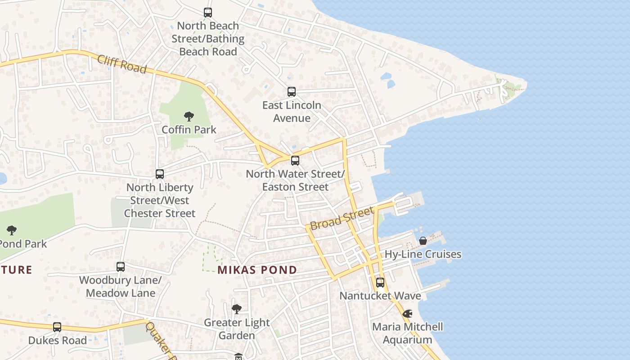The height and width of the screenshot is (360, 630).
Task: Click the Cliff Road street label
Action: tap(121, 64)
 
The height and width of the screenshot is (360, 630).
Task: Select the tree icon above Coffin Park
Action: tap(189, 117)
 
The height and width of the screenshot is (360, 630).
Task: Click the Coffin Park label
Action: tap(189, 130)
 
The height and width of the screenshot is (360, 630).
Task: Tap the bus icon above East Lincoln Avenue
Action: tap(292, 92)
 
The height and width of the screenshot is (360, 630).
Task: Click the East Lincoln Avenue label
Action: tap(292, 112)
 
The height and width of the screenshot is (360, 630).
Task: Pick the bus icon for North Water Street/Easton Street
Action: tap(295, 160)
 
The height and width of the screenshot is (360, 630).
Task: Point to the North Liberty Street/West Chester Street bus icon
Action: tap(160, 174)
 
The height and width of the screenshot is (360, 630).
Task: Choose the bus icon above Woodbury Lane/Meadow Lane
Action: tap(121, 267)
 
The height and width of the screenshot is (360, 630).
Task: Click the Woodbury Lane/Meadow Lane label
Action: tap(120, 287)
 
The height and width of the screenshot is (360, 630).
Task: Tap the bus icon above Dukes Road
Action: tap(57, 327)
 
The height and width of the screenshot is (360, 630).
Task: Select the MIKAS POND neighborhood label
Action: tap(257, 270)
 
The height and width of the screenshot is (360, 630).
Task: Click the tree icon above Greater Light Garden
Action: tap(237, 309)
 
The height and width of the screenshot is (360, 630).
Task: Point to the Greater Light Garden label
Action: tap(237, 329)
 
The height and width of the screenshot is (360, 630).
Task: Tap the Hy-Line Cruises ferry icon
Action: tap(423, 241)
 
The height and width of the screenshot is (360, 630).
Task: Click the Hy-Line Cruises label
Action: tap(423, 254)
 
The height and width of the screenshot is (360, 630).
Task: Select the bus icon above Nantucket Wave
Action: tap(380, 283)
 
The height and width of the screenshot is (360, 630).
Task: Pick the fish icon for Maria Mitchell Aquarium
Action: tap(408, 314)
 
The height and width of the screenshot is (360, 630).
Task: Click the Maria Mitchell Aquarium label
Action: tap(408, 333)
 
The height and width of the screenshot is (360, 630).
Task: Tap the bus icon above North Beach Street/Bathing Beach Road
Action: tap(208, 13)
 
